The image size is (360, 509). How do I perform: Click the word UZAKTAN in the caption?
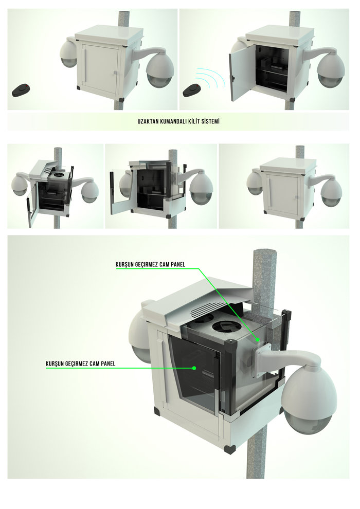click(x=146, y=122)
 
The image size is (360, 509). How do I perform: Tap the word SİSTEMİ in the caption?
click(x=214, y=122)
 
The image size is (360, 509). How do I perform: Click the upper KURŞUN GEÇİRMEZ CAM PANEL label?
click(x=150, y=265)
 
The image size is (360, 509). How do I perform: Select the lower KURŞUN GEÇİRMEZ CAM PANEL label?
click(x=80, y=363)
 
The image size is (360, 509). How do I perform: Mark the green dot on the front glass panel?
click(x=194, y=368)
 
